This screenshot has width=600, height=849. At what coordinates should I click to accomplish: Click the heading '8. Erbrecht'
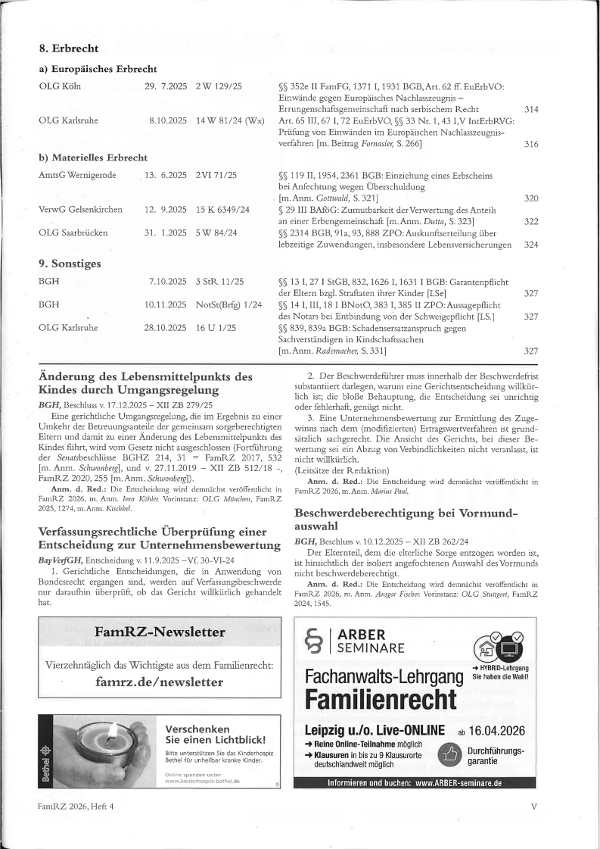click(69, 48)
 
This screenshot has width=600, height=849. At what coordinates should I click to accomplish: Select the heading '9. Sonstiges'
click(70, 264)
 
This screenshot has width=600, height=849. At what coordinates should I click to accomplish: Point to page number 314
click(530, 110)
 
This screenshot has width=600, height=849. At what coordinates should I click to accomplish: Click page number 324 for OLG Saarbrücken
click(530, 245)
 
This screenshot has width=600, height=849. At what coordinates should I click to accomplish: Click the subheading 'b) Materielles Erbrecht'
click(93, 158)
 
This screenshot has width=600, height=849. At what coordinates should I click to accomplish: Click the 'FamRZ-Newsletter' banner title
click(160, 632)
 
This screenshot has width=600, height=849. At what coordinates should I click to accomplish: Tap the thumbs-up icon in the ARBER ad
click(449, 754)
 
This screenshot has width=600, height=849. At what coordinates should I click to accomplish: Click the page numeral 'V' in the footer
click(533, 807)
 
